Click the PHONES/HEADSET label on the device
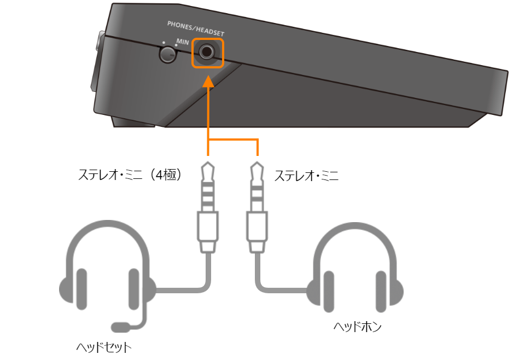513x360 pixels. coord(196,29)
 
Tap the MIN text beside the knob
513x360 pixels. coord(183,42)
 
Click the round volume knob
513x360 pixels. coord(167,55)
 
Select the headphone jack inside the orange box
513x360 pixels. coord(207,52)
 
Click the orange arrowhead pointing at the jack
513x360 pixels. coord(208,82)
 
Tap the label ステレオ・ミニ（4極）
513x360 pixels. coord(130,175)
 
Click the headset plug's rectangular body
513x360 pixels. coord(208,227)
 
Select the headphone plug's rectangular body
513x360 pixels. coord(257,227)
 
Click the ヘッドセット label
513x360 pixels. coord(104,347)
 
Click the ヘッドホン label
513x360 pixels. coord(358,327)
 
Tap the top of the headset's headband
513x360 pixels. coord(108,223)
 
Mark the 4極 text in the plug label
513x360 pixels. coord(166,175)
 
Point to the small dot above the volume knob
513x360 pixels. coord(164,43)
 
